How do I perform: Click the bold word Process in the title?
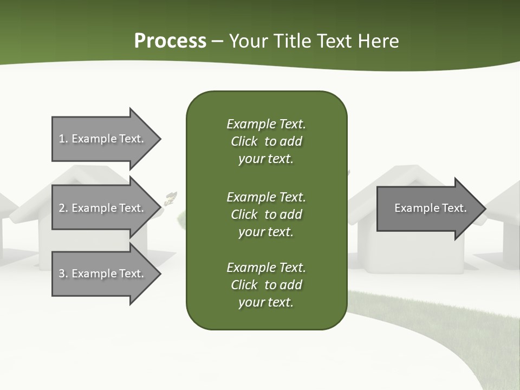coord(170,41)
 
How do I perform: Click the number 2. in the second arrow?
coord(63,208)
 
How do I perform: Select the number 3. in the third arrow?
coord(63,274)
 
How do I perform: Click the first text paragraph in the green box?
coord(266,141)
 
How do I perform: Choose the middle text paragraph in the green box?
coord(266,214)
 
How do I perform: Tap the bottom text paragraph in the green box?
coord(266,285)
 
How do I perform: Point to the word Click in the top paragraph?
coord(244,141)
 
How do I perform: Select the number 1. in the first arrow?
coord(63,139)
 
